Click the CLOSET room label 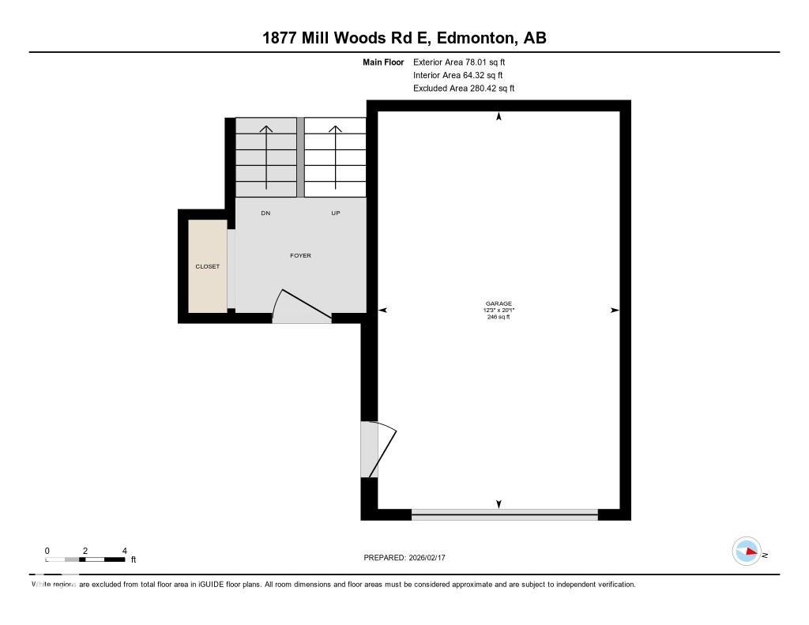(x=208, y=266)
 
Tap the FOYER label (x=301, y=255)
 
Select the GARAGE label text (x=499, y=303)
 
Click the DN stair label (x=265, y=213)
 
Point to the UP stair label (x=336, y=213)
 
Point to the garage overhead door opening (x=504, y=514)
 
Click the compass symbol (x=747, y=552)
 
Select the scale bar (x=85, y=559)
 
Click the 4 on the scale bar (x=124, y=551)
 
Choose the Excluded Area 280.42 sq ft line (x=464, y=88)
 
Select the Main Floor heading (x=383, y=62)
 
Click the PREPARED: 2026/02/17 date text (x=409, y=558)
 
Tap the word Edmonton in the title (x=475, y=38)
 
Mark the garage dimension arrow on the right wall (x=615, y=311)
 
